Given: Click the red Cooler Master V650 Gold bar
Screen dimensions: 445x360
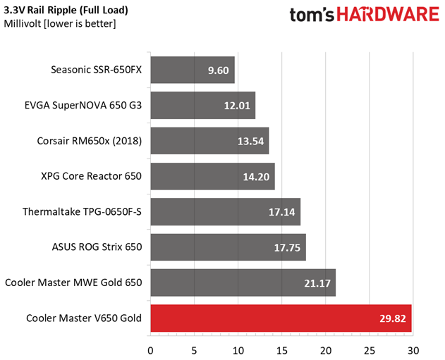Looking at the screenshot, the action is (x=281, y=318).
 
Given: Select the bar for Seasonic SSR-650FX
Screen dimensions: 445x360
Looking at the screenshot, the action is (x=193, y=70).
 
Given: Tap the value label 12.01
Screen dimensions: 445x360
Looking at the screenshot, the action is (x=237, y=106).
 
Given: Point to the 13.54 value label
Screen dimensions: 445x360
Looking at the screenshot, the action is (x=250, y=141).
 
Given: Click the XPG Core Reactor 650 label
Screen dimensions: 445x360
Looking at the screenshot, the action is (x=92, y=176).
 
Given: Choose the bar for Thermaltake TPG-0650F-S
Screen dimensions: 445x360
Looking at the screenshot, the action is (x=226, y=212).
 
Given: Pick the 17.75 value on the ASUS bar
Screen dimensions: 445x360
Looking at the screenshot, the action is (x=287, y=248).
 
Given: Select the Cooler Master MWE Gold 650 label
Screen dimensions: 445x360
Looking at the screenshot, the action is (x=73, y=283).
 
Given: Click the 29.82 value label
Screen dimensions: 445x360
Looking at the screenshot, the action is (x=393, y=318).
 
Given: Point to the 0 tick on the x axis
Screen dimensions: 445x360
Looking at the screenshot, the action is (x=150, y=351).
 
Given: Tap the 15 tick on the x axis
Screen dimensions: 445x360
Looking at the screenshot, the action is (x=281, y=351).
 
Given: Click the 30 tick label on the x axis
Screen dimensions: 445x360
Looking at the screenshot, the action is (x=413, y=351).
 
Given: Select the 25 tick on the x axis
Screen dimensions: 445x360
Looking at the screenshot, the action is (x=370, y=351).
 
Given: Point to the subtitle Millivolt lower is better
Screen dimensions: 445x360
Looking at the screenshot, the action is (x=60, y=24).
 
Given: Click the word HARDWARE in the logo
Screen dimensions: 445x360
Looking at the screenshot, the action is (x=388, y=14).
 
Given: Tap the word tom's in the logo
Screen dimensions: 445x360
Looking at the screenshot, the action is (x=312, y=15).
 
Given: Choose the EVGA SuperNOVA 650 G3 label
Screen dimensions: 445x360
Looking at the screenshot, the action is (x=83, y=106).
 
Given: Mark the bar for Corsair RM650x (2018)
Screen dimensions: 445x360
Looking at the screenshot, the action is (x=209, y=141).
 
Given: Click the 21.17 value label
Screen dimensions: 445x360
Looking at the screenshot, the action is (x=317, y=283).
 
